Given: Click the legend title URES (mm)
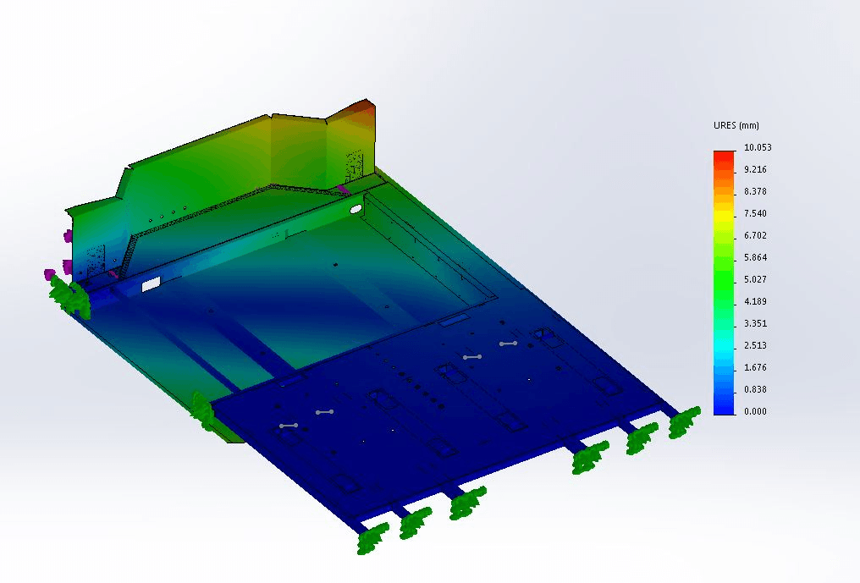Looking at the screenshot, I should point(736,125).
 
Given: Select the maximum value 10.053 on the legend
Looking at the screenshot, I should point(757,147).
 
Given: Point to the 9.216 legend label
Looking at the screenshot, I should point(755,169).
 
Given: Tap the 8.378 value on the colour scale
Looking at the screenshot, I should point(755,191).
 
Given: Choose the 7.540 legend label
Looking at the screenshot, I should point(755,213).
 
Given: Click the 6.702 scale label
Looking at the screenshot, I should point(755,235).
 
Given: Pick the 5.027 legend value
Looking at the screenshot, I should point(755,279).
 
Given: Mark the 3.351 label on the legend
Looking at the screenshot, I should point(755,323).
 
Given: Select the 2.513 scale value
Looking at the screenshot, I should point(755,345).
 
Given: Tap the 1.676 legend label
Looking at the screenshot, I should point(755,367).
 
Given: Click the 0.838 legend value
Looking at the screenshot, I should point(755,389).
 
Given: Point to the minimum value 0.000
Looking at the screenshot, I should point(755,411).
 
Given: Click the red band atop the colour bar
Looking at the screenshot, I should point(724,156).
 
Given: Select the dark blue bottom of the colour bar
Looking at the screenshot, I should point(724,408).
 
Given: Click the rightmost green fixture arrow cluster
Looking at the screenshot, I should point(684,421).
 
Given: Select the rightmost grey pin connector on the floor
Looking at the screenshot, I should point(508,344).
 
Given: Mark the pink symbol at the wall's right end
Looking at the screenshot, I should point(342,189).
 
